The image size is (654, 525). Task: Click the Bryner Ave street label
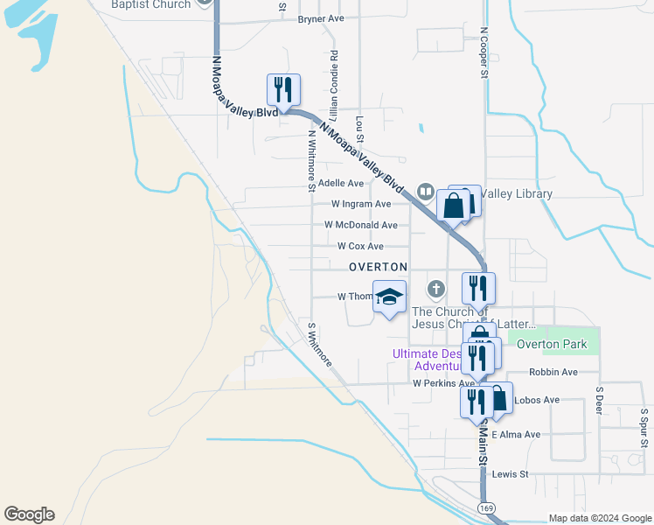(x=321, y=18)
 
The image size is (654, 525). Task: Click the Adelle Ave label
(x=340, y=184)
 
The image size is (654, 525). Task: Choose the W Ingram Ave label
(x=360, y=204)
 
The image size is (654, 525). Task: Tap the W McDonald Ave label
(x=360, y=225)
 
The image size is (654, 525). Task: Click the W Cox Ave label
(x=359, y=246)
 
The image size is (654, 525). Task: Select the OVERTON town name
(x=378, y=266)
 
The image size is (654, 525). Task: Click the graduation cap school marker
(x=389, y=296)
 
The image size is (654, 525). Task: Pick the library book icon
(x=426, y=190)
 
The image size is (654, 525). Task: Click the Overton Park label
(x=552, y=344)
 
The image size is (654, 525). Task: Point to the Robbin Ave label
(x=553, y=372)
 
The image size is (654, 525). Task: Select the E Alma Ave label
(x=516, y=434)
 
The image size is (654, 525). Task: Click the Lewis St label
(x=511, y=474)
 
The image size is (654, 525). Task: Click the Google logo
(x=29, y=514)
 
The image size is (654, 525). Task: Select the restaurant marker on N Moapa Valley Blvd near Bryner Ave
(x=283, y=89)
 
